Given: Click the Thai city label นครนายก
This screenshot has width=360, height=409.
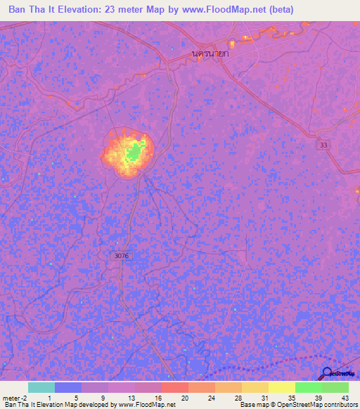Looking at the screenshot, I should tap(213, 53).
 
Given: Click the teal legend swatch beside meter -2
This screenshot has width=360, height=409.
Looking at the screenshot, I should tap(41, 387).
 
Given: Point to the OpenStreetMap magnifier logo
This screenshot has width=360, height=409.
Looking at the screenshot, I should tap(328, 374).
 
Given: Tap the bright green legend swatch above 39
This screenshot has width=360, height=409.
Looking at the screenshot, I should tap(308, 387).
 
